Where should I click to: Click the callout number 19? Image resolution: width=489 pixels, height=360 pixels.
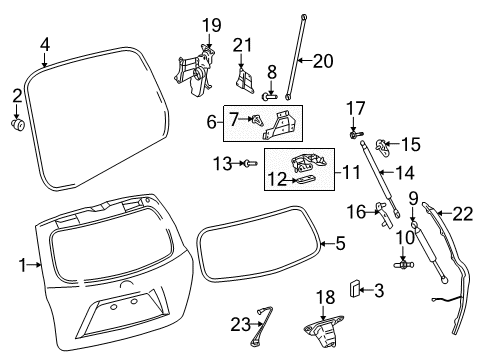click(211, 24)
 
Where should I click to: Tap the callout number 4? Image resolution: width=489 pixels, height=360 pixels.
click(45, 44)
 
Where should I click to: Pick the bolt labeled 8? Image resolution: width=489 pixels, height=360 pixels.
click(270, 98)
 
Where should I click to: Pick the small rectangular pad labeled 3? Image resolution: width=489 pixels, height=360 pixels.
click(354, 289)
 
